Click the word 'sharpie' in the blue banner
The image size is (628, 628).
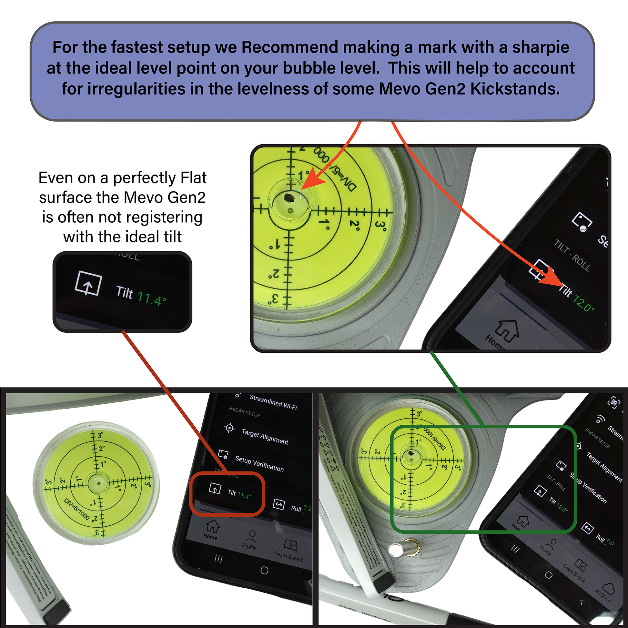tap(541, 47)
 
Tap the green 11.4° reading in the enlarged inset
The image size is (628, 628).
tap(151, 298)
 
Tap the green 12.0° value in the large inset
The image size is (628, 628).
tap(583, 303)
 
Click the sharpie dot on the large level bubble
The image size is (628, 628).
tap(288, 197)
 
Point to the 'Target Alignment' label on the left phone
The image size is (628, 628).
tap(265, 437)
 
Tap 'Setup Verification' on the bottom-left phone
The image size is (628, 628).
tap(259, 464)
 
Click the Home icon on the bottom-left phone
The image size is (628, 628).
tap(212, 526)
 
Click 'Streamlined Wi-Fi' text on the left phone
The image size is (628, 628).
tap(273, 402)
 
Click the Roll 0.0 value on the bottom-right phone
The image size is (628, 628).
tap(610, 542)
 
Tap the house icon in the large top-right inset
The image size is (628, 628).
tap(508, 330)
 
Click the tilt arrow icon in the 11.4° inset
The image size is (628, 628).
tap(88, 284)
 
